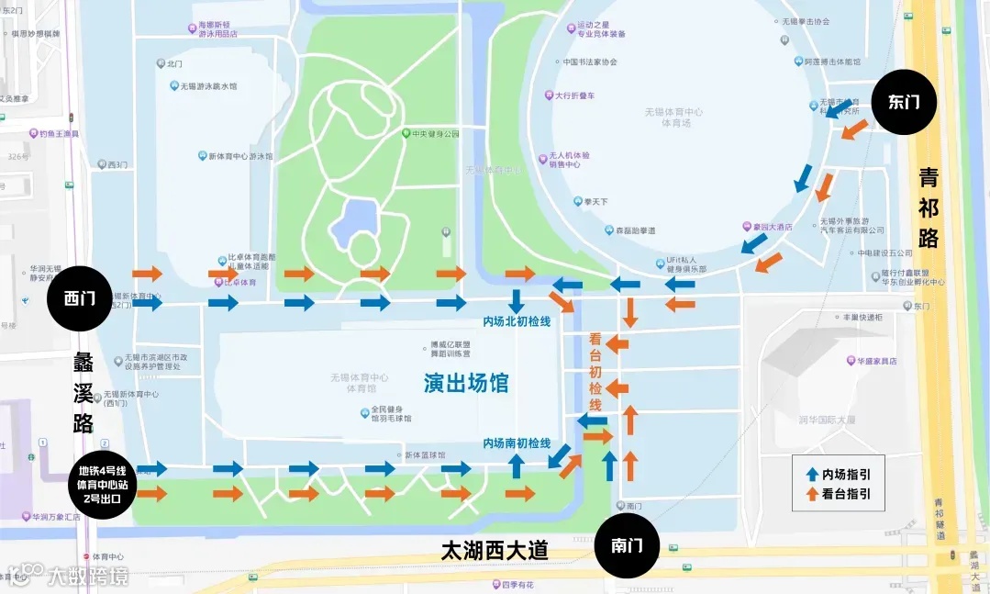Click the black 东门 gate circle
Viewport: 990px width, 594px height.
coord(903,103)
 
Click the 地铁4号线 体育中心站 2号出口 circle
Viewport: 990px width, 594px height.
coord(101,485)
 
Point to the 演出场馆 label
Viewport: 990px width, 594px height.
coord(466,383)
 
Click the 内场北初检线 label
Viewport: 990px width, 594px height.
coord(517,321)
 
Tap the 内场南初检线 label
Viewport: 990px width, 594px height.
coord(517,443)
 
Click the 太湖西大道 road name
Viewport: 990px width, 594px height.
coord(495,550)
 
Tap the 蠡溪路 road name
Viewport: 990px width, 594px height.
coord(83,392)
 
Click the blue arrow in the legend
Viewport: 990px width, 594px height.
coord(812,475)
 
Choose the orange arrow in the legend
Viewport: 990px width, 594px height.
coord(812,494)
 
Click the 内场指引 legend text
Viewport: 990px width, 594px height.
coord(846,475)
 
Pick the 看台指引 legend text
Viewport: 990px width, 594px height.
coord(846,494)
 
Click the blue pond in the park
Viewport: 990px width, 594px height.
coord(352,221)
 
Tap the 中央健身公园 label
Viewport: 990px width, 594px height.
coord(435,133)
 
